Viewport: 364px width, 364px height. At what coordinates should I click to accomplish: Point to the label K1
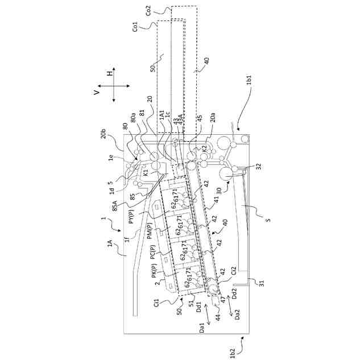coord(146,171)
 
